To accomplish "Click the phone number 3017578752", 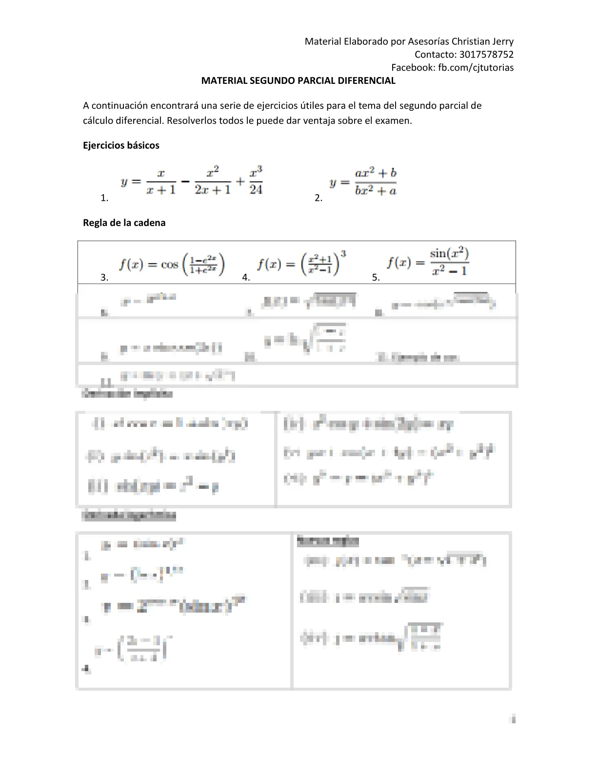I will tap(486, 55).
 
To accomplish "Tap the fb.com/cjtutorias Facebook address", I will tap(476, 68).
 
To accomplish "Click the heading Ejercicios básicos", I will tap(121, 145).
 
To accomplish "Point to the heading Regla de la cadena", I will tap(124, 223).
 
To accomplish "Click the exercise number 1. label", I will tap(104, 198).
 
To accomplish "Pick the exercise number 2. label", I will tap(318, 198).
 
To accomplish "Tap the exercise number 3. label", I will tap(104, 277).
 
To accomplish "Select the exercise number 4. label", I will tap(246, 277).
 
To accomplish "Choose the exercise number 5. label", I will tap(376, 277).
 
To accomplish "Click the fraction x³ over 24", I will tap(256, 181).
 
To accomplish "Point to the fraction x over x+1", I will tap(161, 182).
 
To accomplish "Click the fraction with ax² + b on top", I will tap(376, 182).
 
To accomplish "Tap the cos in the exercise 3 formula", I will tap(169, 265).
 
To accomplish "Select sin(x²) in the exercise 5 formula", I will tap(449, 253).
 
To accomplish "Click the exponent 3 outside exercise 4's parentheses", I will tap(343, 254).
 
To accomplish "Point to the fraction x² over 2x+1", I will tap(213, 181).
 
